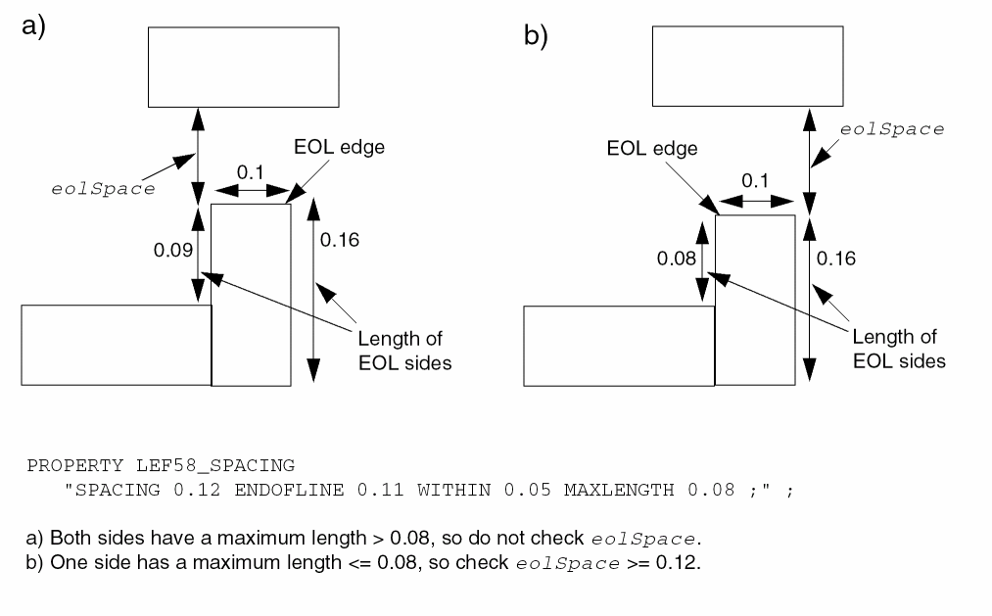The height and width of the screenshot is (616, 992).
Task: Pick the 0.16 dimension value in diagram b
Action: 835,259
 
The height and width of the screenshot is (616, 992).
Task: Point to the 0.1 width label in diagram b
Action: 755,182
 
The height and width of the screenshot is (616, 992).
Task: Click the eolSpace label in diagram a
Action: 102,189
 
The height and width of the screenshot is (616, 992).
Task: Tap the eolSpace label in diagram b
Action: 892,129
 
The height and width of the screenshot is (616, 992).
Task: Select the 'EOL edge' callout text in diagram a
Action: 339,149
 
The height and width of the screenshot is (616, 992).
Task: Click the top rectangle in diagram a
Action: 243,67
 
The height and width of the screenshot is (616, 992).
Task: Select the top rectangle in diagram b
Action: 747,67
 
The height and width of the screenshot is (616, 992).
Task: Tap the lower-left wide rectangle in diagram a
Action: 116,345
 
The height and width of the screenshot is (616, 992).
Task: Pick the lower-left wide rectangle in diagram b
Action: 618,346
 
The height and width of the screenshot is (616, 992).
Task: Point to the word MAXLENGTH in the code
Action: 609,490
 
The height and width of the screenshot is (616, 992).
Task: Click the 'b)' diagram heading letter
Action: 536,37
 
